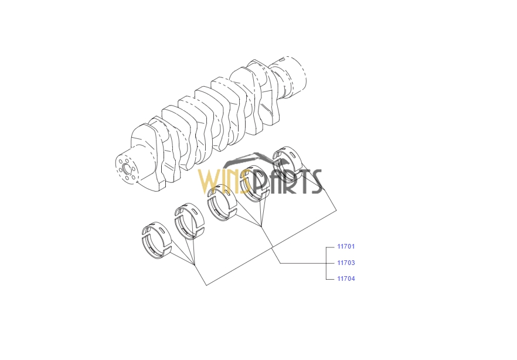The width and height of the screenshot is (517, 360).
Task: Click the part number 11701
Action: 346,246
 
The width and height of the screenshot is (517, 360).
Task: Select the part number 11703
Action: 346,263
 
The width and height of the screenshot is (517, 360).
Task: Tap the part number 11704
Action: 346,279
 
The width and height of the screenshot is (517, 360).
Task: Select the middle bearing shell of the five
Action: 222,202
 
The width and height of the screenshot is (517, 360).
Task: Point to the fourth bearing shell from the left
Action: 254,184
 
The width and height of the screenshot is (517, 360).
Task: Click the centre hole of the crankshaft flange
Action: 126,169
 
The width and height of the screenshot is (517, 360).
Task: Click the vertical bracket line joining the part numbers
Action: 326,263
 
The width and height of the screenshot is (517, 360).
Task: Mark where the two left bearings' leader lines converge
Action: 195,264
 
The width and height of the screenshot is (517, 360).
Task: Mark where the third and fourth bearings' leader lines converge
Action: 261,227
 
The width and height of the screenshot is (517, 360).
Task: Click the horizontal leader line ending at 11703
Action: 302,263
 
